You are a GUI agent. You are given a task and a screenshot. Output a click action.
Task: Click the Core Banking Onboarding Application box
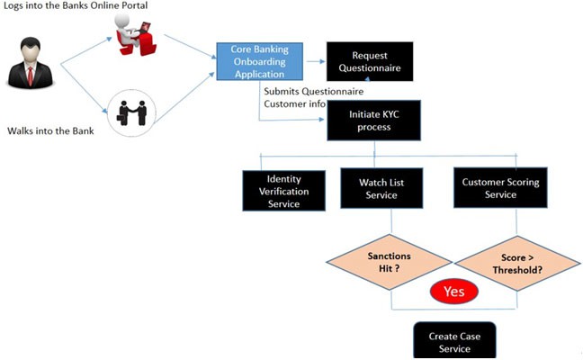click(x=259, y=62)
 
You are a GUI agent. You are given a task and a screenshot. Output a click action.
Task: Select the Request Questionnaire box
click(x=369, y=61)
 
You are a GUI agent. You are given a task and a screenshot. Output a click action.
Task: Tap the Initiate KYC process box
click(x=372, y=121)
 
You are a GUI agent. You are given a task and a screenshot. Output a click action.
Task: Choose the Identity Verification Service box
click(x=283, y=190)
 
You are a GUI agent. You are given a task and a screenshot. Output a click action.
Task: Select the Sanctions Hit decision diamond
click(x=389, y=262)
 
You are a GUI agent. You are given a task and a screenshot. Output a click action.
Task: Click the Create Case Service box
click(x=454, y=341)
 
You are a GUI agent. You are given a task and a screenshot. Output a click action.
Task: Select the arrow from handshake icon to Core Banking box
click(x=184, y=90)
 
